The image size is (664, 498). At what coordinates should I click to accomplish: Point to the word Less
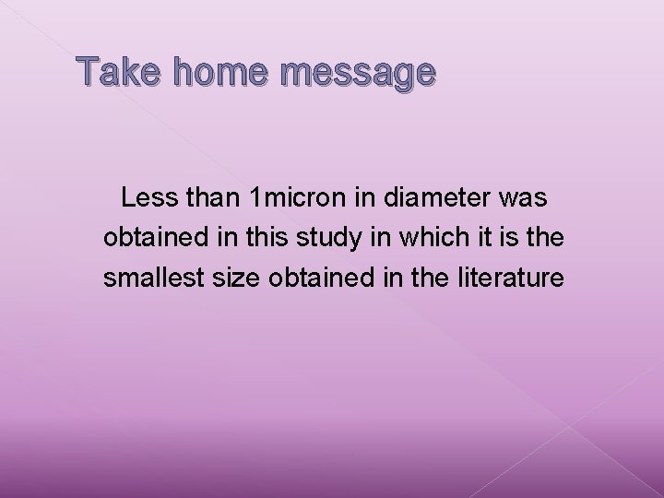tap(148, 197)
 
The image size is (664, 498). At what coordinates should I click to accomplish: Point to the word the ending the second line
tap(543, 237)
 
